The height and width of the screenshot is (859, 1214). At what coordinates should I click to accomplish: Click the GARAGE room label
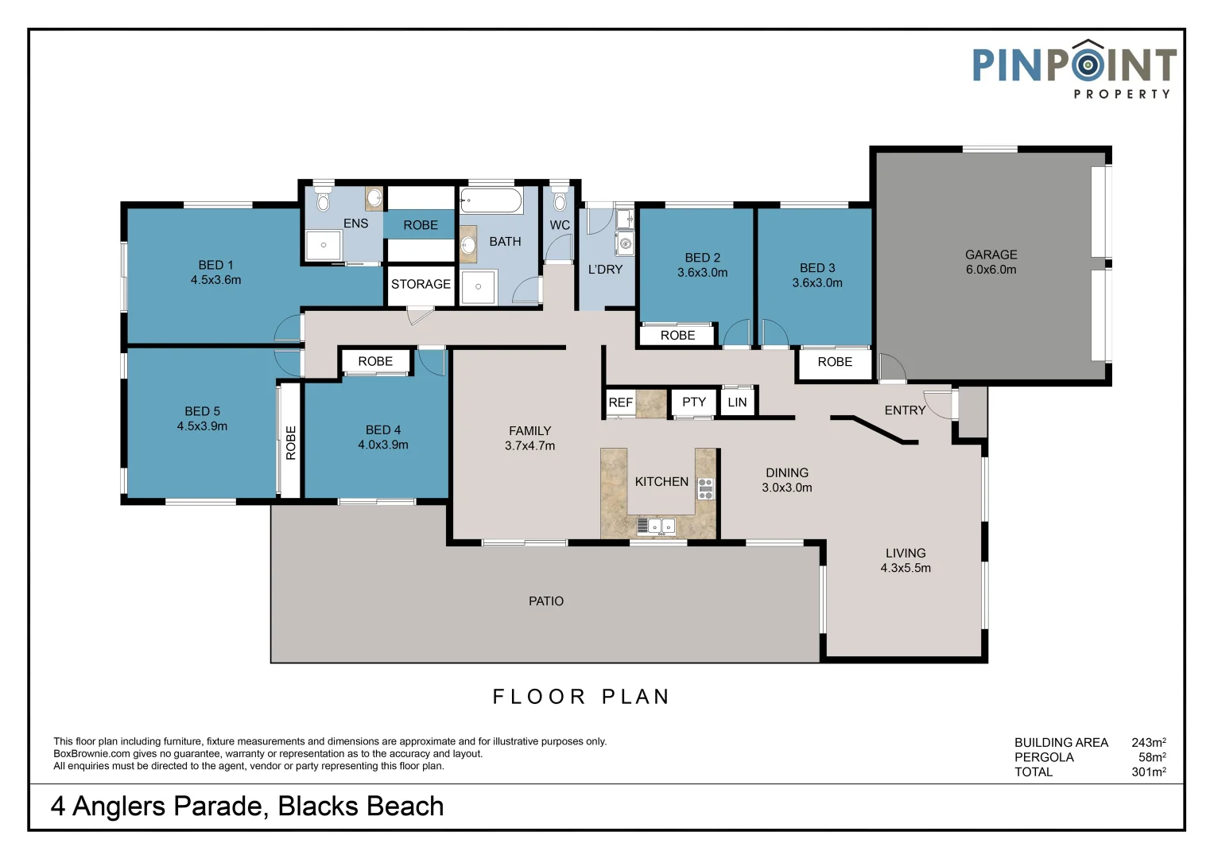click(991, 255)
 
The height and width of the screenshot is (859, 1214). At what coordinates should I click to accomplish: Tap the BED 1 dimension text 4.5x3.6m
click(215, 280)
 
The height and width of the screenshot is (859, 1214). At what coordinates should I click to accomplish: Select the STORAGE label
click(421, 284)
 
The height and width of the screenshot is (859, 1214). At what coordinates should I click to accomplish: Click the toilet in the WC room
click(560, 199)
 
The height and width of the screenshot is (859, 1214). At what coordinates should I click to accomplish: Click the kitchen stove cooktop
click(705, 488)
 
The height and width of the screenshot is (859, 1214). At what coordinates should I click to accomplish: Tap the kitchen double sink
click(657, 526)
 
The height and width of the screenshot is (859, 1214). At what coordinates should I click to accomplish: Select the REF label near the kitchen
click(620, 402)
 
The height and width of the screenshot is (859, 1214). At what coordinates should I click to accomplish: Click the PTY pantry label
click(694, 402)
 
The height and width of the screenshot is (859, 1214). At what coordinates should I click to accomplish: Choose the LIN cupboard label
click(737, 402)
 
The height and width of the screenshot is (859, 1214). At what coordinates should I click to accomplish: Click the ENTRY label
click(905, 410)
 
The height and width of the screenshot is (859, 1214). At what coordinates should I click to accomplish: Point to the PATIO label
click(546, 601)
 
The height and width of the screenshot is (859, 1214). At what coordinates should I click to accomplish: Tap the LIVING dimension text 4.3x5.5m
click(906, 568)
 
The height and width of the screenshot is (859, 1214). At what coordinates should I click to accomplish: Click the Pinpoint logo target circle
click(1087, 64)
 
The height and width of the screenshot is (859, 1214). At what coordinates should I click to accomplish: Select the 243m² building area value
click(1148, 742)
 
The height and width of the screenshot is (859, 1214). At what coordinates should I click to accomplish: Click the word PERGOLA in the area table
click(1044, 757)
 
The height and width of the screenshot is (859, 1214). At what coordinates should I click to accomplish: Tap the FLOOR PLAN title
click(581, 697)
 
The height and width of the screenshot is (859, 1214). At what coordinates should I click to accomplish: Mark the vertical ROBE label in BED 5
click(291, 443)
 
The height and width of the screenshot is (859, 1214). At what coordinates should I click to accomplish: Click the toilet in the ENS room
click(323, 200)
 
